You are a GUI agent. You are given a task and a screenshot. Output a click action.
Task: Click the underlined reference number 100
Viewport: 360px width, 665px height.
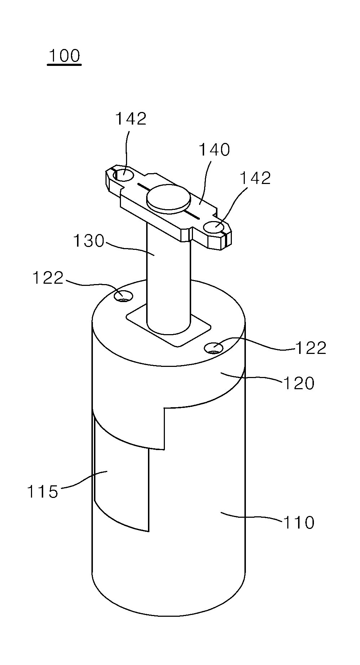[x=64, y=57]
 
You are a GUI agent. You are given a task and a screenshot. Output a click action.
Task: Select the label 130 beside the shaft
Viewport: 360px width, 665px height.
[x=89, y=241]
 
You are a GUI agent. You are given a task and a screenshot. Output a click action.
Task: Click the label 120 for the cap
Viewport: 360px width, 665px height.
[x=299, y=383]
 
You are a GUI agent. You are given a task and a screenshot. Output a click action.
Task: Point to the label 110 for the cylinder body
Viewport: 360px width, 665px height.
[x=299, y=522]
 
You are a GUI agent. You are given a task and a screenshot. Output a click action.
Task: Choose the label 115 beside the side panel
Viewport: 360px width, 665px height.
[x=42, y=491]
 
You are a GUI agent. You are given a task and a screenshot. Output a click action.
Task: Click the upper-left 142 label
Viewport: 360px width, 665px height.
[x=131, y=118]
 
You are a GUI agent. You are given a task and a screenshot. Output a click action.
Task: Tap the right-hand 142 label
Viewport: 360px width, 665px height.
[x=255, y=178]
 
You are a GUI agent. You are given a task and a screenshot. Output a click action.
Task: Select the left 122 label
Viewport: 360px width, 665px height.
[x=48, y=278]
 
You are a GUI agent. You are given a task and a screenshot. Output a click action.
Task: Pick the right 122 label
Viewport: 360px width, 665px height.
[x=311, y=348]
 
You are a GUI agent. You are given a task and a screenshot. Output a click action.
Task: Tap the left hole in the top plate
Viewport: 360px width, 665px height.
[x=123, y=176]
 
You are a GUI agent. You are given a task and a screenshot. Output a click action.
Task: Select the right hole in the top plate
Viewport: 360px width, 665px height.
[x=214, y=228]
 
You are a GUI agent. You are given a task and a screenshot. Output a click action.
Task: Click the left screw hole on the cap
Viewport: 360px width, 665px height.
[x=123, y=296]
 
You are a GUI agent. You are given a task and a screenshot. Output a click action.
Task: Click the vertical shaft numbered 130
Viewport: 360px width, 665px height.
[x=168, y=277]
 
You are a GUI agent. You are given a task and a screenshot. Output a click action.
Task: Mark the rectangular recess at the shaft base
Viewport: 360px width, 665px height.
[x=168, y=325]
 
